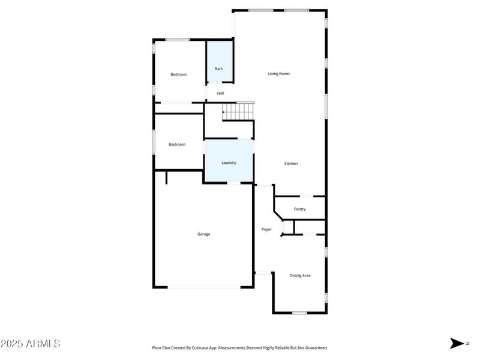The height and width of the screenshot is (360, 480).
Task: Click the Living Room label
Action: coord(278,74)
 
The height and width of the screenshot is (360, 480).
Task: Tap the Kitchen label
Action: coord(291,164)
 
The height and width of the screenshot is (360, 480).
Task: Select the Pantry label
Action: coord(300,209)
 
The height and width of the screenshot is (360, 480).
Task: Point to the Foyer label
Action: coord(266,229)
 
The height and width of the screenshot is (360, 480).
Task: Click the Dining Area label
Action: coord(300,275)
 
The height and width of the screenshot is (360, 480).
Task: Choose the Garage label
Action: coord(204,234)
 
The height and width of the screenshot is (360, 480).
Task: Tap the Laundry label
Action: coord(229,163)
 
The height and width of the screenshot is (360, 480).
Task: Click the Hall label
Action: coord(220,93)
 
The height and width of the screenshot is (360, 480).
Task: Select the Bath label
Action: coord(219,69)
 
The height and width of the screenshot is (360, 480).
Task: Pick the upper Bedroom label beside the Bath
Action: coord(179,74)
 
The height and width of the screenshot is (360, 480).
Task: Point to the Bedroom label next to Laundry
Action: coord(177,145)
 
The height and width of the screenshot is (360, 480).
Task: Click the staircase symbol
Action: coord(239,112)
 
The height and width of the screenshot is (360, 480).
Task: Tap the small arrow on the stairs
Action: coord(224,112)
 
